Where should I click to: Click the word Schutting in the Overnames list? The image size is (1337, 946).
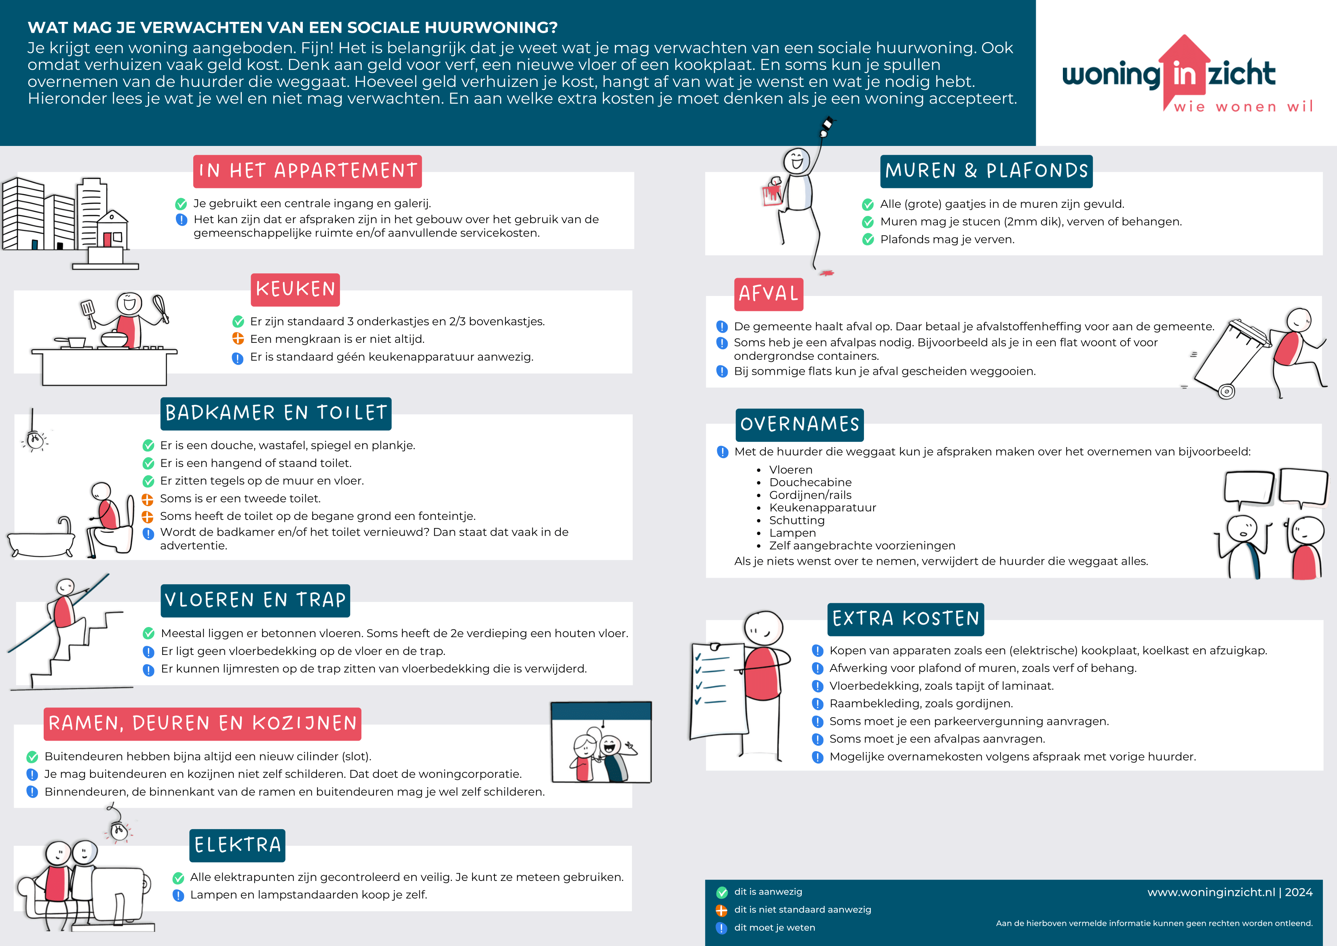(x=796, y=520)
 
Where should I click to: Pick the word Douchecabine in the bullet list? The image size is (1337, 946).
(x=810, y=482)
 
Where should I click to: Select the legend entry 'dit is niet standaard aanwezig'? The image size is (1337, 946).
(x=802, y=909)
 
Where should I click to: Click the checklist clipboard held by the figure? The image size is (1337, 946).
(x=716, y=690)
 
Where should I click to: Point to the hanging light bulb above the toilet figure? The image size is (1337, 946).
(x=35, y=440)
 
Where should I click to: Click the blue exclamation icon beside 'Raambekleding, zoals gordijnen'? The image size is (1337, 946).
(x=817, y=704)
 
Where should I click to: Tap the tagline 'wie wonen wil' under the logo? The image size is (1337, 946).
(x=1243, y=107)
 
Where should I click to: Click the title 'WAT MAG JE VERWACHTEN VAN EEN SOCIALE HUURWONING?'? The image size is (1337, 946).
(x=292, y=27)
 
